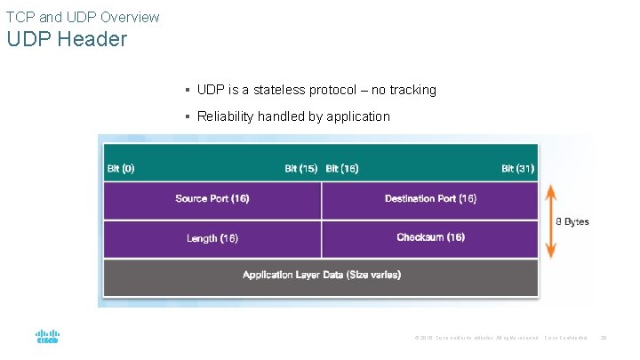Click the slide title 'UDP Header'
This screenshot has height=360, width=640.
(68, 40)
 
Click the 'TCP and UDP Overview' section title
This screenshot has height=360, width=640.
(83, 17)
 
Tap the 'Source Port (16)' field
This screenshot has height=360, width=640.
(212, 198)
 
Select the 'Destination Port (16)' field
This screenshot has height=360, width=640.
(430, 198)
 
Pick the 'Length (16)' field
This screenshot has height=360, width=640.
(212, 238)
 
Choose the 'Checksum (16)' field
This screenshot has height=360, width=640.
(430, 237)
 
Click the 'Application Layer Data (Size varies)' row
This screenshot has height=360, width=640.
(321, 276)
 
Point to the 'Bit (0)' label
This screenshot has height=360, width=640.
(121, 169)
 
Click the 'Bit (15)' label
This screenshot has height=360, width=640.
(300, 169)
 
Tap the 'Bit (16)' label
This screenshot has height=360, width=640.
(342, 169)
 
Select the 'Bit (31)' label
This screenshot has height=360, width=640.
(517, 169)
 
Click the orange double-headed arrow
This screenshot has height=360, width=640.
(551, 220)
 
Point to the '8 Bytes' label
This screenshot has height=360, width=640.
(572, 221)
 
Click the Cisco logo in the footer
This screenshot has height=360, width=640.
(47, 337)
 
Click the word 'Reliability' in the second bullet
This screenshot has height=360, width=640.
(226, 116)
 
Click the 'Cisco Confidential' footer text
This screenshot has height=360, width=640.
(565, 338)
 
